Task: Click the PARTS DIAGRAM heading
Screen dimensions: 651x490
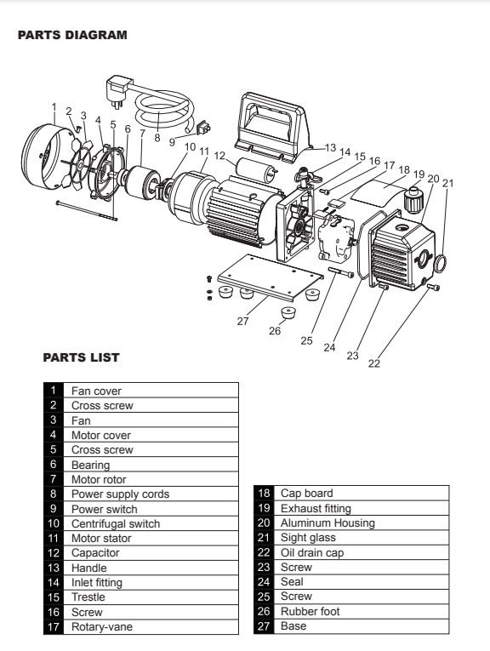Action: pos(72,36)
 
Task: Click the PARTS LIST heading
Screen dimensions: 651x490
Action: pos(82,357)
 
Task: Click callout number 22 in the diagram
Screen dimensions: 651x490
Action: pos(373,363)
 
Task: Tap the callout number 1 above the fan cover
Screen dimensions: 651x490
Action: pos(54,108)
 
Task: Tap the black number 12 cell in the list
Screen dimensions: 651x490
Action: pos(53,551)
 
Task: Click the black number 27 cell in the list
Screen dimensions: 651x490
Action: pos(263,625)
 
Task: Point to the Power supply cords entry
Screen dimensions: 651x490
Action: pos(120,493)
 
